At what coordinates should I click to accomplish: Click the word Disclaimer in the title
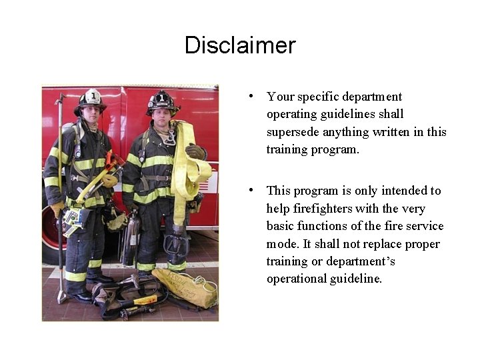point(240,45)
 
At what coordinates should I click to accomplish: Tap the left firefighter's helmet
point(90,101)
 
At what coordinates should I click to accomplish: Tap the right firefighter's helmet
point(163,101)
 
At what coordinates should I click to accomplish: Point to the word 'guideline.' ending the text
point(357,279)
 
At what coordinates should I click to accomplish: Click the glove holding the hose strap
point(195,151)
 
